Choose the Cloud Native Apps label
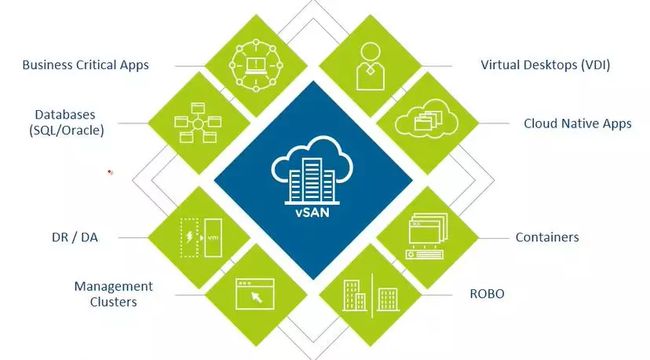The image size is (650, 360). (577, 124)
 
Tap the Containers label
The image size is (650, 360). (547, 238)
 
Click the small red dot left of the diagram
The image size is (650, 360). (110, 172)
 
